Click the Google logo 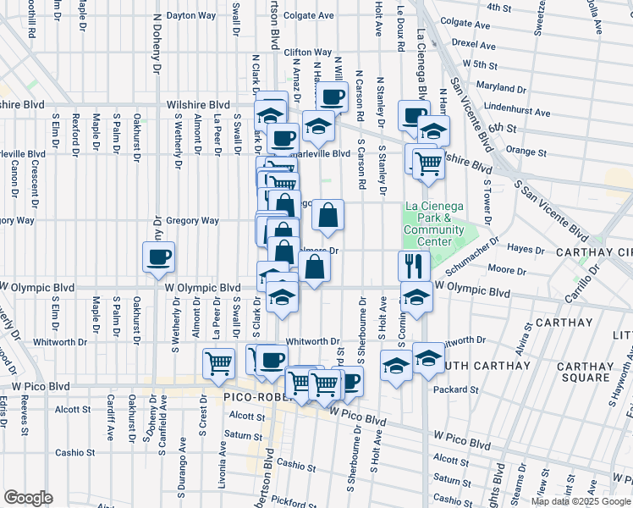pos(29,498)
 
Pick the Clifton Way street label pos(307,52)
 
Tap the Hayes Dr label pos(526,250)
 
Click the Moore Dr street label pos(507,269)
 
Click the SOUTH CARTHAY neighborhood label pos(464,366)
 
